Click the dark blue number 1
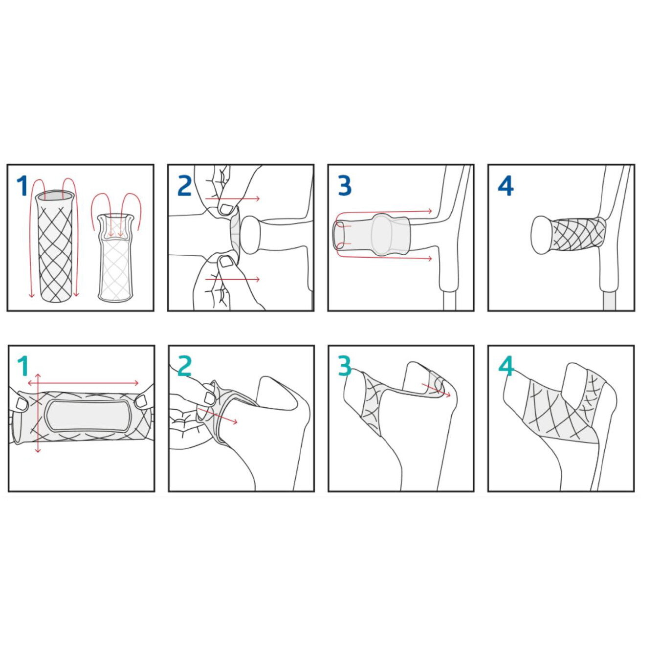point(22,185)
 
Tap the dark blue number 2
point(184,185)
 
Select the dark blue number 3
point(345,185)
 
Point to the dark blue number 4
point(505,186)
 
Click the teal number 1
point(23,366)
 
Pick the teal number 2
point(185,366)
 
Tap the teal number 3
point(345,366)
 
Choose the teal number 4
point(507,366)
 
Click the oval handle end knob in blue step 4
point(541,235)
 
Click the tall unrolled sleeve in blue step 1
point(55,245)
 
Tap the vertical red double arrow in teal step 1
point(38,413)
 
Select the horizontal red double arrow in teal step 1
point(83,383)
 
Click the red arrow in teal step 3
point(436,390)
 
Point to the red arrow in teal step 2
point(218,416)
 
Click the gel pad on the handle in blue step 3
point(389,235)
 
